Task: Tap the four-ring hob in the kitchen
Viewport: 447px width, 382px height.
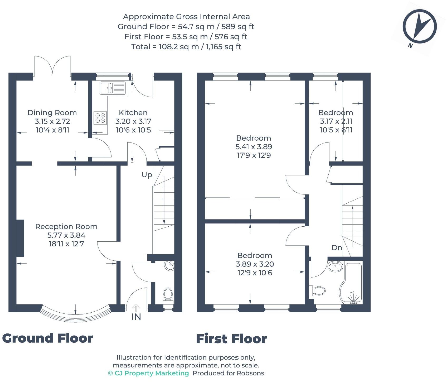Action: point(100,118)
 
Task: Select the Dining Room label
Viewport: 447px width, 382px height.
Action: point(52,113)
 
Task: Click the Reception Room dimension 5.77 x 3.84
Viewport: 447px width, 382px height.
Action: point(66,235)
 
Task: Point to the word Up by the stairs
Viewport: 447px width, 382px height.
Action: point(147,175)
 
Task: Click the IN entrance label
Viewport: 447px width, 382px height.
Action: point(136,317)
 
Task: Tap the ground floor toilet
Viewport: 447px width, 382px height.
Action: point(168,295)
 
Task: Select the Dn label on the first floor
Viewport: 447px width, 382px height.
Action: point(337,248)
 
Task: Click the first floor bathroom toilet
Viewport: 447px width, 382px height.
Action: point(319,291)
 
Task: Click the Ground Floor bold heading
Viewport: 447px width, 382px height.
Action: point(48,338)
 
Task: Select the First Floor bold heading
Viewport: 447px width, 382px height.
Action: point(231,339)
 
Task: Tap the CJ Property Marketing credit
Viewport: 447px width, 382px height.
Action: point(149,373)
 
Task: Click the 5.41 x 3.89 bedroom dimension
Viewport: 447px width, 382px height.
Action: point(254,147)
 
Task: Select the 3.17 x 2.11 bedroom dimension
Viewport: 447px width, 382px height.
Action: point(336,121)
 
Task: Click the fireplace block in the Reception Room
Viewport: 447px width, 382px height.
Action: point(20,238)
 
